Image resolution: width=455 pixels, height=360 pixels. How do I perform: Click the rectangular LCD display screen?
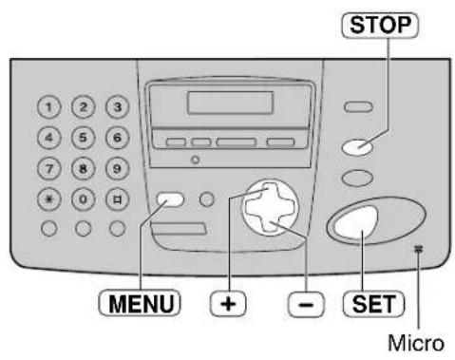click(x=226, y=104)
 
